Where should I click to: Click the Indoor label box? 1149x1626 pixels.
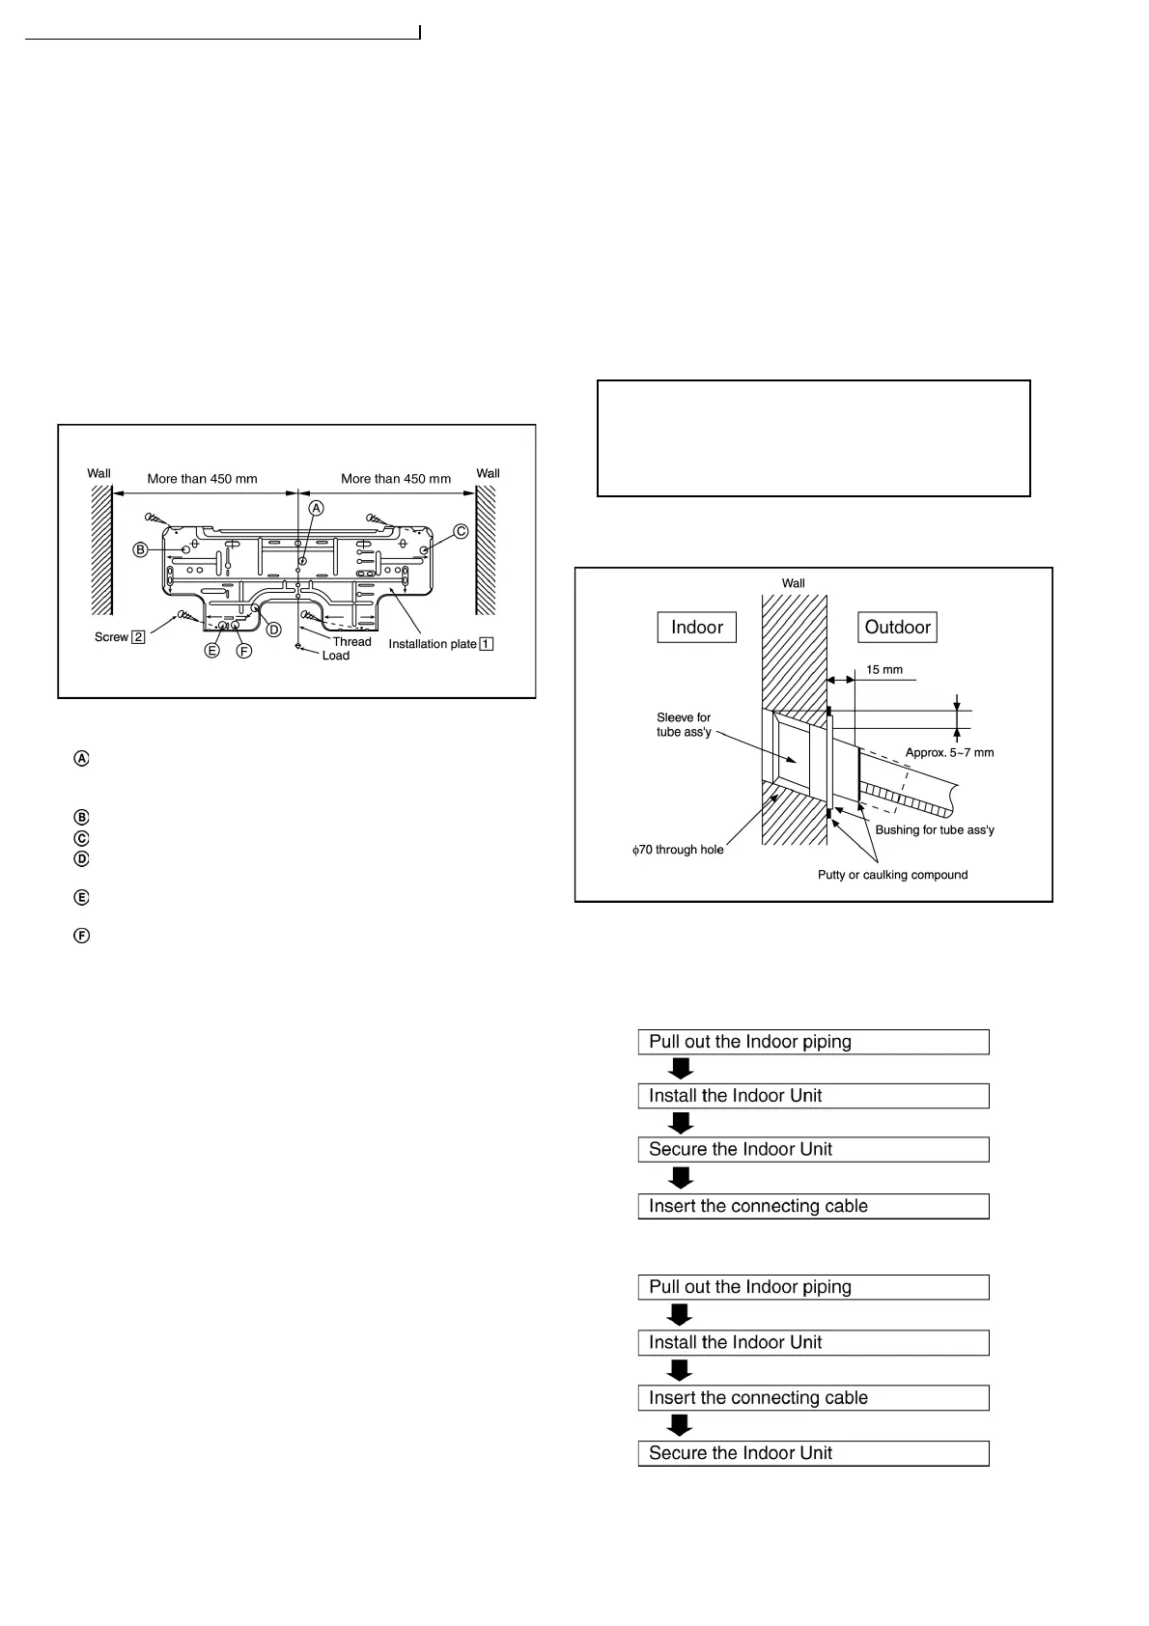(696, 628)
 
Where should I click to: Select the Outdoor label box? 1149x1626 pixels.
(897, 628)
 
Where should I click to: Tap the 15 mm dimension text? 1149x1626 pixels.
(883, 669)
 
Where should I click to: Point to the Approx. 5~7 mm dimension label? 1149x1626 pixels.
(949, 752)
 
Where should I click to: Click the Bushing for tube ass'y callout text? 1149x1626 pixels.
(934, 830)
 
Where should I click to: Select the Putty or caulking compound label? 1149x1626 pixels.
(892, 875)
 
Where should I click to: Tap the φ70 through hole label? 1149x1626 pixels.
(678, 850)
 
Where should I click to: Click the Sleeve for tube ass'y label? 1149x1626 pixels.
(684, 725)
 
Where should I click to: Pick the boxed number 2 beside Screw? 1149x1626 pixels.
(139, 637)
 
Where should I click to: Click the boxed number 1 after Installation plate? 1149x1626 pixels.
(487, 644)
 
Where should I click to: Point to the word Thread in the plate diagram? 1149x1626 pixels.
(351, 642)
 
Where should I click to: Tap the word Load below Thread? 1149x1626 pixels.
(336, 656)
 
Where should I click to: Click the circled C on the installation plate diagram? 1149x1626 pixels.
(461, 531)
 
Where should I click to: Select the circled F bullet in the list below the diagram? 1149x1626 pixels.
(82, 936)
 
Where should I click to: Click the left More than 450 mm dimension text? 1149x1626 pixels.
(202, 479)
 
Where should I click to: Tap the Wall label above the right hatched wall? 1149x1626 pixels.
(488, 473)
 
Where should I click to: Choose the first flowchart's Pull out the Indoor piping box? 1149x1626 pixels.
(813, 1042)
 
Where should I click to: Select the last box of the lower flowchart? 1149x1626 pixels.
(813, 1453)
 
